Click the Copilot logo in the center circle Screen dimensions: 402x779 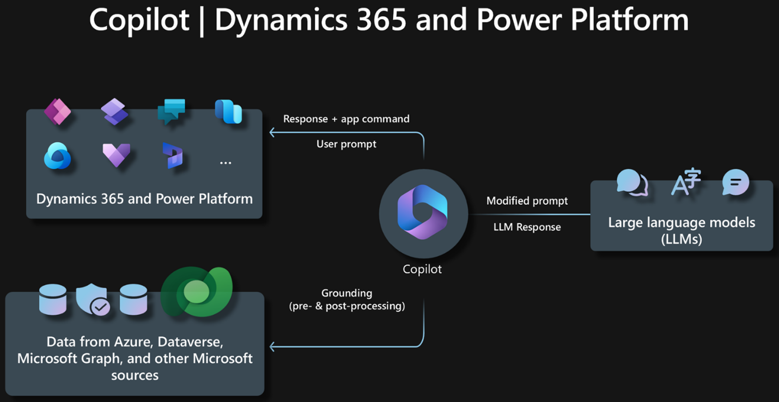[x=422, y=212]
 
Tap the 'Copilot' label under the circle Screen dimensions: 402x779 [x=422, y=269]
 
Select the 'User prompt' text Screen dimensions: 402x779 [x=346, y=144]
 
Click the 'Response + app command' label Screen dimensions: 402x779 [x=346, y=119]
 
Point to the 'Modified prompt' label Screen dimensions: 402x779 [x=527, y=201]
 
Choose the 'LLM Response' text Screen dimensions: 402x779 [x=527, y=227]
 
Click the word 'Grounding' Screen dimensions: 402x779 [x=346, y=293]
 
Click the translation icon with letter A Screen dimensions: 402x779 [x=685, y=181]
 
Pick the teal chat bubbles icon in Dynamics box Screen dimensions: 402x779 [x=171, y=111]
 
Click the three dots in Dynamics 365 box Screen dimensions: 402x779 [x=226, y=162]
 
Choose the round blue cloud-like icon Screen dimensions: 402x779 [x=58, y=156]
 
